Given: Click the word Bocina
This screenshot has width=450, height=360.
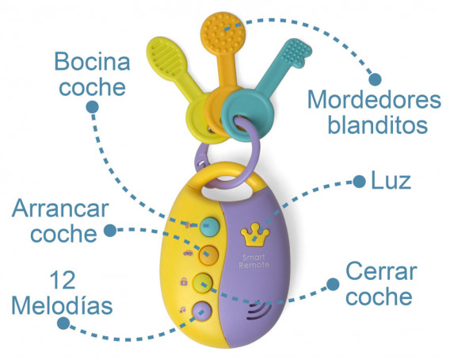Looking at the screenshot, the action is coord(92,61).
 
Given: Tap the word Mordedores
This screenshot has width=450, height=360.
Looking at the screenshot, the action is coord(374,100).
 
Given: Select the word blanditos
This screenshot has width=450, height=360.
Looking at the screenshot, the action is coord(378,124).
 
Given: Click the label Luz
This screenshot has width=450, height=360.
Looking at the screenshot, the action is coord(391,181).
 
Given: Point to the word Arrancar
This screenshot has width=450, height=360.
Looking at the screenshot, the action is coord(60,209).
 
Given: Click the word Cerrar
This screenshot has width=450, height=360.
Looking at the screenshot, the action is coord(381,271).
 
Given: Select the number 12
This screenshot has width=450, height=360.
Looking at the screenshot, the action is coord(63,280).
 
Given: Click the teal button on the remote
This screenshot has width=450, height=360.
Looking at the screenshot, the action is coord(210,227).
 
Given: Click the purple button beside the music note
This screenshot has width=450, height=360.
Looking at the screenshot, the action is coord(202,311).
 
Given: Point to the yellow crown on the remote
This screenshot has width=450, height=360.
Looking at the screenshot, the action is coord(255,235).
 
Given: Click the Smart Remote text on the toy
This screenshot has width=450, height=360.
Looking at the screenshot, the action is coord(254,261).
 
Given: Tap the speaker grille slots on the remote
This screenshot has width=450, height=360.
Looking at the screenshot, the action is coord(259,312).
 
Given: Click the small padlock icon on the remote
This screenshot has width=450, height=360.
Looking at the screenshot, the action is coord(184,281).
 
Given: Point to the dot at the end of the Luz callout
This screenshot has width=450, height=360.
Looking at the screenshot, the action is coord(359,182).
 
